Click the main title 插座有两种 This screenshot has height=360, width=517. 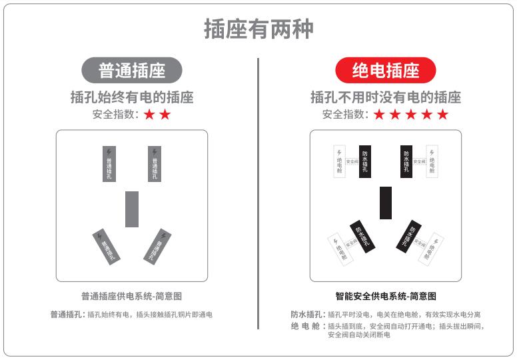pos(258,29)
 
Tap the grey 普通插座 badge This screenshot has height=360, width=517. pos(132,70)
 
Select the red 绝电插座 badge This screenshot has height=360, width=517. pos(385,70)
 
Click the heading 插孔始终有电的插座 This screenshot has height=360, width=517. pos(132,97)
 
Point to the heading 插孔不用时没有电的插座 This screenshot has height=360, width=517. pos(385,97)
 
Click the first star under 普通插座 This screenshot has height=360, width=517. pos(149,115)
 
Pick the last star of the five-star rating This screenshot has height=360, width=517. pos(442,115)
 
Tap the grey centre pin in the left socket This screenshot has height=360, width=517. pos(132,209)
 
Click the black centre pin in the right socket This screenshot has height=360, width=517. pos(386,203)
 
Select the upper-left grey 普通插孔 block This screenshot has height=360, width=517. pos(109,164)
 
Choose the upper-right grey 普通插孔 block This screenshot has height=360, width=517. pos(155,164)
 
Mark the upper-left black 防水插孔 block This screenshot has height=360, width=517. pos(365,161)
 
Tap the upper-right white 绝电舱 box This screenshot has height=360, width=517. pos(432,161)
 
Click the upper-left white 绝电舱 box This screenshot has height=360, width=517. pos(339,161)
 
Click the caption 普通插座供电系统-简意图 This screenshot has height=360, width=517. pos(132,296)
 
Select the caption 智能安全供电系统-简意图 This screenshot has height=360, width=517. pos(386,296)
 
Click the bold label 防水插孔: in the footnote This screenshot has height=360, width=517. pos(307,314)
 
